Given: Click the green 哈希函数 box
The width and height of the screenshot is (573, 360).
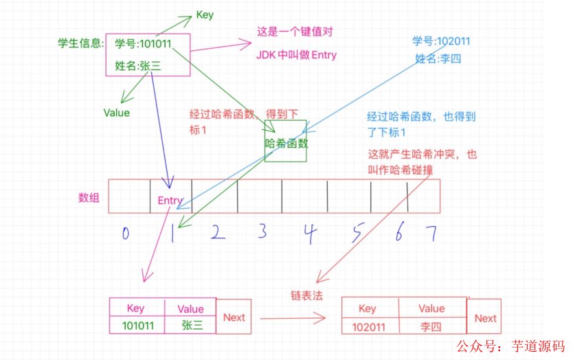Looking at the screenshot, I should click(286, 143).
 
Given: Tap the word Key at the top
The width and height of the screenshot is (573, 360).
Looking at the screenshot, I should click(205, 14).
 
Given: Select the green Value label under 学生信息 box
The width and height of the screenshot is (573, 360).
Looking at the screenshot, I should click(116, 112).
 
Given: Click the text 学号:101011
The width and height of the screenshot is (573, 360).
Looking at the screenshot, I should click(143, 45).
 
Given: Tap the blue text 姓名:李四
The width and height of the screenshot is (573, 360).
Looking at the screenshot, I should click(438, 58).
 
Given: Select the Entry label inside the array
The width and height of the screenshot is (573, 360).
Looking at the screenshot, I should click(170, 201).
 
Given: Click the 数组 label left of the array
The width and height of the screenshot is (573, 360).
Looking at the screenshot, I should click(89, 198).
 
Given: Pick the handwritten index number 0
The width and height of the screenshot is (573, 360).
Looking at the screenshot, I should click(125, 234).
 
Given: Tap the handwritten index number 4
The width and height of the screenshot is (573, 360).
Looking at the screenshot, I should click(310, 234).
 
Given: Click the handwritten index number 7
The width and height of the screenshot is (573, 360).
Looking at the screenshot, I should click(431, 234).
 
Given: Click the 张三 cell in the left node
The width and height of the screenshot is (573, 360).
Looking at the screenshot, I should click(190, 325).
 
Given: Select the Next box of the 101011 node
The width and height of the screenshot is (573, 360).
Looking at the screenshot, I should click(234, 317).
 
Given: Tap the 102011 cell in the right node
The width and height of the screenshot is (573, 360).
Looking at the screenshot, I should click(368, 326).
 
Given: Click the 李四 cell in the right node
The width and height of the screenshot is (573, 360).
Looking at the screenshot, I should click(431, 326).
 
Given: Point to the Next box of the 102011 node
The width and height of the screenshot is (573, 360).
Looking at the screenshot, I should click(485, 318).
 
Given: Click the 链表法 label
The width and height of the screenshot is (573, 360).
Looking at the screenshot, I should click(306, 295).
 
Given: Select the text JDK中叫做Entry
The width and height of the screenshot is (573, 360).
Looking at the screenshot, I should click(297, 55).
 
